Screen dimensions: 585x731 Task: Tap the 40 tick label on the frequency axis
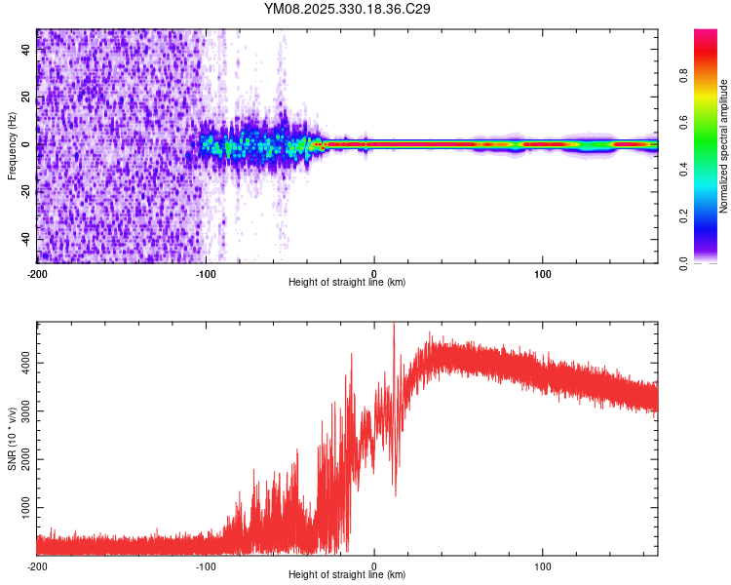(26, 50)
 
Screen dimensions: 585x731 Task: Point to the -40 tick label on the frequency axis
(23, 240)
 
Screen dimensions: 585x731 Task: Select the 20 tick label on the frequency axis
(26, 97)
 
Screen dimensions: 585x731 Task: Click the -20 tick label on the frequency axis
(23, 193)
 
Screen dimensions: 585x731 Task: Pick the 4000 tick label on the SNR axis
(19, 363)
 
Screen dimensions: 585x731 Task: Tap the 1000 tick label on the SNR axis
(19, 509)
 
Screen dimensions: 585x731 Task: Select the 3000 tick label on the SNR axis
(19, 411)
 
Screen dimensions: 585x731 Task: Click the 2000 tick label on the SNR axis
(19, 460)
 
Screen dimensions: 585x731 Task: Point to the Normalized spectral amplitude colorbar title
(723, 147)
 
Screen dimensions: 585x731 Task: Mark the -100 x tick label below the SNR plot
(206, 565)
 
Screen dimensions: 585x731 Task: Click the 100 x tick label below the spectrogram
(543, 273)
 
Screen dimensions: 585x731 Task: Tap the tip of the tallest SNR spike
(394, 324)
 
